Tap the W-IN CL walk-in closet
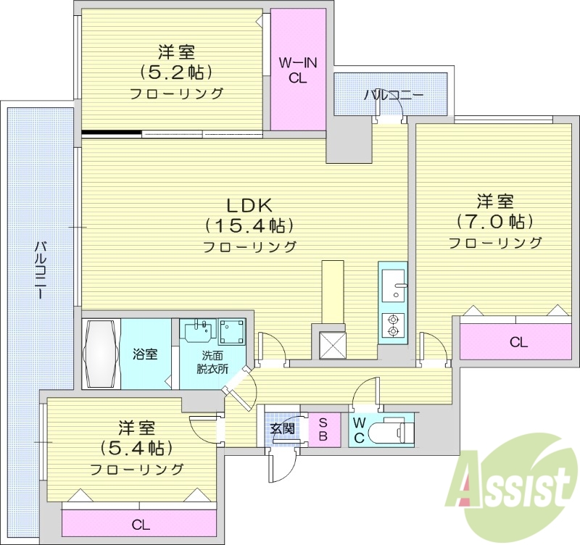[298, 70]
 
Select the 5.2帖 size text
[176, 72]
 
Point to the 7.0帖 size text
[495, 221]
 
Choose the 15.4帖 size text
[249, 225]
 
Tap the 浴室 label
[144, 354]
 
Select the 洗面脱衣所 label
[212, 362]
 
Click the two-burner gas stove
[394, 324]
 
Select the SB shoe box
[323, 430]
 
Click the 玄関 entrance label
[283, 428]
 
